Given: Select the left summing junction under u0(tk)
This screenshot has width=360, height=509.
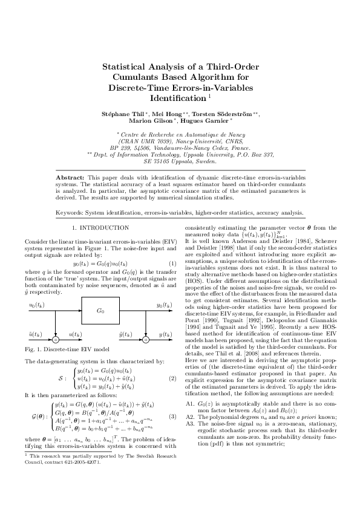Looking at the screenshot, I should (x=56, y=340).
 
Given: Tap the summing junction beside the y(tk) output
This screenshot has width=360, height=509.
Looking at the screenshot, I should (x=145, y=340).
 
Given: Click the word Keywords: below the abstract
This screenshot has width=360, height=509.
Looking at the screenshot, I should (x=70, y=212).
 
